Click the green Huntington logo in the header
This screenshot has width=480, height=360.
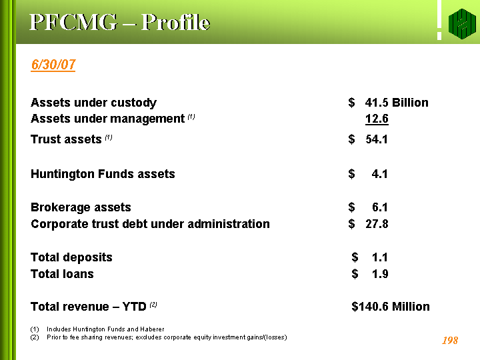point(462,24)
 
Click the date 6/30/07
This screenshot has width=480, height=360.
point(53,65)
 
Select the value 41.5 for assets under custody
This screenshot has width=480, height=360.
point(377,103)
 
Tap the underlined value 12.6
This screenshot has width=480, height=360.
point(377,119)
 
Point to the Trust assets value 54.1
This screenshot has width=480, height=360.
point(377,139)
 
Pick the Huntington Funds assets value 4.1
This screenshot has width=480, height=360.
point(379,174)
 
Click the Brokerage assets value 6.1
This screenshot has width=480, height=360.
point(380,207)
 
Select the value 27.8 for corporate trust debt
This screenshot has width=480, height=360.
point(377,224)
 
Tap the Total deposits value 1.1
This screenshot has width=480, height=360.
point(380,257)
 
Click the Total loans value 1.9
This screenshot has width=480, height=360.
point(380,274)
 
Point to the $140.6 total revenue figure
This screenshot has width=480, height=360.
point(370,307)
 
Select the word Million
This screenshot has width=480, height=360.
point(411,307)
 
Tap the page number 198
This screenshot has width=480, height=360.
point(450,341)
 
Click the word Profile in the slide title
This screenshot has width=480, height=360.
point(176,23)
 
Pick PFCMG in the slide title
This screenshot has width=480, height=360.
point(73,22)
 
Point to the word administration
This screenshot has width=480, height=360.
point(229,224)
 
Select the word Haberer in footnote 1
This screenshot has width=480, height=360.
point(152,329)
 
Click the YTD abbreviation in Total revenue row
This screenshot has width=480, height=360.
point(134,307)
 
